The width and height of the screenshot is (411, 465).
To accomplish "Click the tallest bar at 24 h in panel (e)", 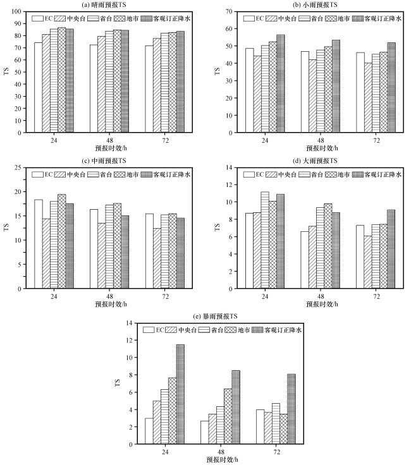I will [180, 394].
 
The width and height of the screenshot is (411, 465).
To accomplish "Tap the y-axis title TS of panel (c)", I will [8, 227].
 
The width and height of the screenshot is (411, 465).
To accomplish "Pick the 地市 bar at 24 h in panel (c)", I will [61, 241].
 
